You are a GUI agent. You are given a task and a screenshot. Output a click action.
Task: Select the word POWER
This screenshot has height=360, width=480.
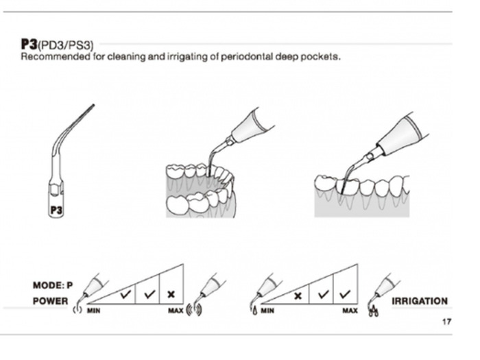[x=50, y=301]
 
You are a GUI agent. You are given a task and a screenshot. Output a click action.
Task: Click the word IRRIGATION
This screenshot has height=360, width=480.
[x=420, y=301]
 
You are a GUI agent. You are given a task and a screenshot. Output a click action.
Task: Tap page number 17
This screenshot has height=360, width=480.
[x=446, y=322]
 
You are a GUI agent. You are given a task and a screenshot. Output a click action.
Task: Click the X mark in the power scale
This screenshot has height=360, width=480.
[x=171, y=294]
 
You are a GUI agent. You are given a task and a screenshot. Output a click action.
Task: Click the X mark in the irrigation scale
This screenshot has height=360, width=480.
[x=298, y=295]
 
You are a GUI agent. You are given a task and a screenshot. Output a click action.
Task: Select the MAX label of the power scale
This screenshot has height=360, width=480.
[x=176, y=311]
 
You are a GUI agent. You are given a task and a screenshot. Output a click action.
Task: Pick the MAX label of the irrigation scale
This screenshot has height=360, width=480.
[x=350, y=311]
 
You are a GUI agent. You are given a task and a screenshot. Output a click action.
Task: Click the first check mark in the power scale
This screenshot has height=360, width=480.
[x=125, y=295]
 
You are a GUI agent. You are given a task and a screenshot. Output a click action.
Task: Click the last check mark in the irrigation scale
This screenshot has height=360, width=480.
[x=346, y=294]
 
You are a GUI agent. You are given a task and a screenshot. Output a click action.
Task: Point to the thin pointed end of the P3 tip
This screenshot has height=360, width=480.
[x=93, y=106]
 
